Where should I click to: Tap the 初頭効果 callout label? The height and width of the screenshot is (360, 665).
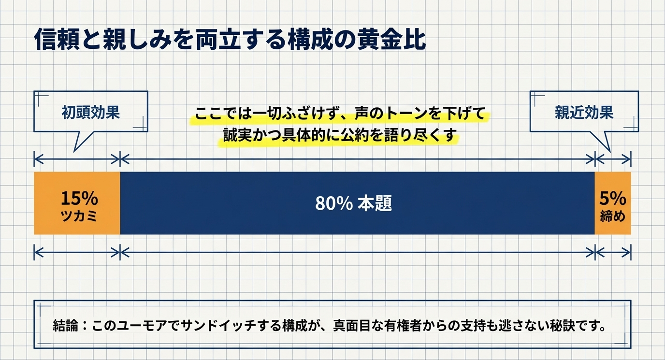pyautogui.click(x=90, y=113)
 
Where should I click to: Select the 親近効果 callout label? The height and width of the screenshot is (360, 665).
pyautogui.click(x=584, y=113)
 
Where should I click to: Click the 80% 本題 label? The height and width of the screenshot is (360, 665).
pyautogui.click(x=353, y=203)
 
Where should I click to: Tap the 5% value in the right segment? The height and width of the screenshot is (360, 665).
pyautogui.click(x=612, y=199)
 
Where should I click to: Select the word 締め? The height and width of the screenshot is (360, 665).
pyautogui.click(x=612, y=216)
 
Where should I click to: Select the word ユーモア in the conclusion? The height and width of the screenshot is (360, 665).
pyautogui.click(x=137, y=325)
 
